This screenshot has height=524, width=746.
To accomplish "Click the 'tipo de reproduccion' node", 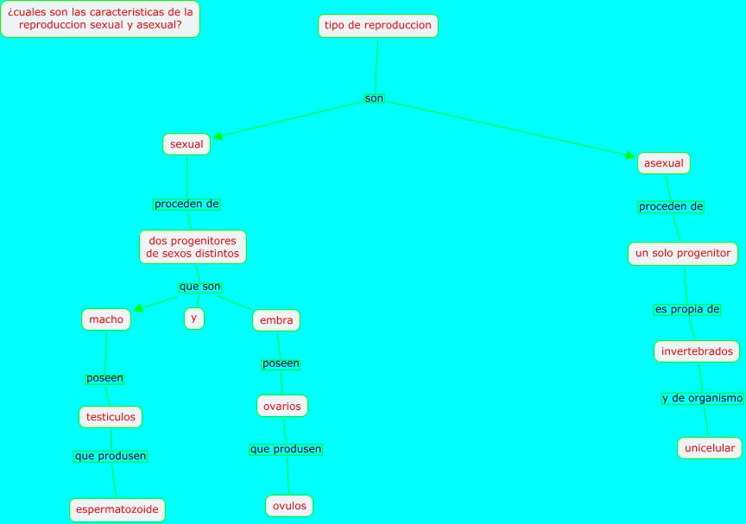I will pos(377,26).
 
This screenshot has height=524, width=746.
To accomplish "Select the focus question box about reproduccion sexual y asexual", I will pos(100,18).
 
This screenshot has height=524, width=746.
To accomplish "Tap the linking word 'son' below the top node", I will pos(374,98).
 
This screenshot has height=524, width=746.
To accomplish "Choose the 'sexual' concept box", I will pos(186,144).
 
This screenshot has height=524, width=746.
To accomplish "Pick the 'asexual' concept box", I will pos(664,162).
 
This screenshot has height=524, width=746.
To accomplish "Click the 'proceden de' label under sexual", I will pos(186,205).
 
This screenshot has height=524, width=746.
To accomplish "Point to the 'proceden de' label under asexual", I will pos(671,207).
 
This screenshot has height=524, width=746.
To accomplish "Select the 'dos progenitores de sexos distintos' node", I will pos(193,247).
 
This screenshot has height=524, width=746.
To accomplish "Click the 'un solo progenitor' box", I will pos(683,254).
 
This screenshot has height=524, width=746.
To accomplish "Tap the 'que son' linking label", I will pos(199,287).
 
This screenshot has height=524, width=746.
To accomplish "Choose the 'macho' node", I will pos(107,319).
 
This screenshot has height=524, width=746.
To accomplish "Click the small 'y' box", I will pos(194,318).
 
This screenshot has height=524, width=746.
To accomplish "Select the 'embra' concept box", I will pos(276,321).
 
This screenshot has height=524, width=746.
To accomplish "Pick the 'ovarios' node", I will pos(282,406).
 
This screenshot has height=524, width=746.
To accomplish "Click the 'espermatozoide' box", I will pos(117,510).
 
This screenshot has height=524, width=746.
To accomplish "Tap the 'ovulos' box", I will pos(289,506).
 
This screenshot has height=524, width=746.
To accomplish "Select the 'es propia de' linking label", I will pos(687,309).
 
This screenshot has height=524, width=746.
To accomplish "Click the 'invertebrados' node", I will pos(697,351).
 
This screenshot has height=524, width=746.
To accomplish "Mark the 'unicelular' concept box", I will pos(710,448).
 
